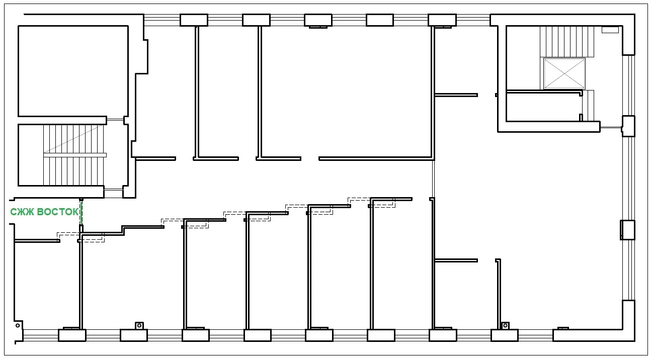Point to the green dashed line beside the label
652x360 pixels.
[x=81, y=213]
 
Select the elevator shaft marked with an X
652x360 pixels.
[x=564, y=74]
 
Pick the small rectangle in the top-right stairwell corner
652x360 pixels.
[x=610, y=30]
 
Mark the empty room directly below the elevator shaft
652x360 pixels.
[x=542, y=107]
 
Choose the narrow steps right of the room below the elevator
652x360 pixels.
[x=588, y=105]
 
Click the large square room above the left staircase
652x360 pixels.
[x=73, y=71]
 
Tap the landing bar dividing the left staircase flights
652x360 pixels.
[x=74, y=155]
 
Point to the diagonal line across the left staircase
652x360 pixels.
[x=73, y=139]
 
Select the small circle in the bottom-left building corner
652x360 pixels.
[x=18, y=325]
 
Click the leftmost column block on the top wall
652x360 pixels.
[x=194, y=20]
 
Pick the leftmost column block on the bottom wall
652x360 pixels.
[x=72, y=335]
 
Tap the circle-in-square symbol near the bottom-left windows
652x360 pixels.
[x=139, y=325]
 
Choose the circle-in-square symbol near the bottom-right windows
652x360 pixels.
[x=505, y=325]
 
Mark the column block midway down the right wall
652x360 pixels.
[x=627, y=230]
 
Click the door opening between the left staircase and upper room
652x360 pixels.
[x=115, y=120]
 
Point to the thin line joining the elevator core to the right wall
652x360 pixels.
[x=611, y=128]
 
